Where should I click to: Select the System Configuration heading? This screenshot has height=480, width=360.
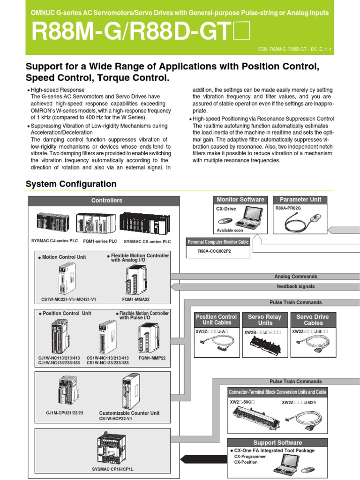pyautogui.click(x=71, y=184)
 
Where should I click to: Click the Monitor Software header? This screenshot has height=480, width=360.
pyautogui.click(x=240, y=200)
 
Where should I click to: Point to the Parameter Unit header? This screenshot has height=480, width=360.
pyautogui.click(x=300, y=200)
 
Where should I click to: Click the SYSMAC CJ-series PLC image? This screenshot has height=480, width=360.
pyautogui.click(x=54, y=223)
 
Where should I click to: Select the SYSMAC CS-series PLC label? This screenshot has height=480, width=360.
pyautogui.click(x=147, y=242)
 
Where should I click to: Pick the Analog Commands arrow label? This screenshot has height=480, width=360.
pyautogui.click(x=295, y=277)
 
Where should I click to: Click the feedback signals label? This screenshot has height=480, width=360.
pyautogui.click(x=295, y=286)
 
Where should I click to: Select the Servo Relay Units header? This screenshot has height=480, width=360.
pyautogui.click(x=265, y=320)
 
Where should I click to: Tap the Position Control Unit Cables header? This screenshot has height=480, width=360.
pyautogui.click(x=216, y=320)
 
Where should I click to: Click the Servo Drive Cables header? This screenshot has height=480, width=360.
pyautogui.click(x=313, y=320)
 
